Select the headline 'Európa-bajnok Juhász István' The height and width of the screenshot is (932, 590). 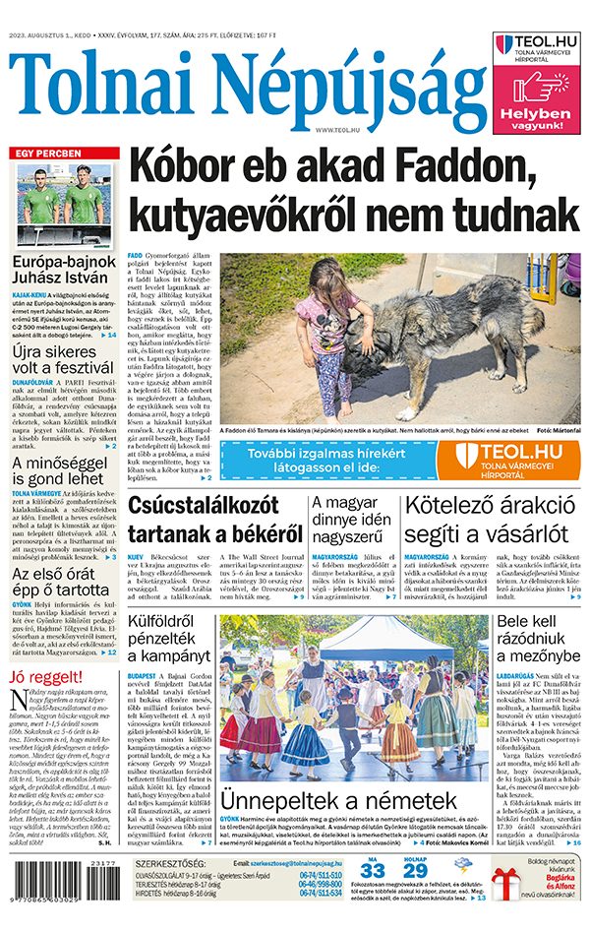coord(65,273)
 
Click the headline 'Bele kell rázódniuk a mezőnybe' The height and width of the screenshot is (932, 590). coord(537,649)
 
